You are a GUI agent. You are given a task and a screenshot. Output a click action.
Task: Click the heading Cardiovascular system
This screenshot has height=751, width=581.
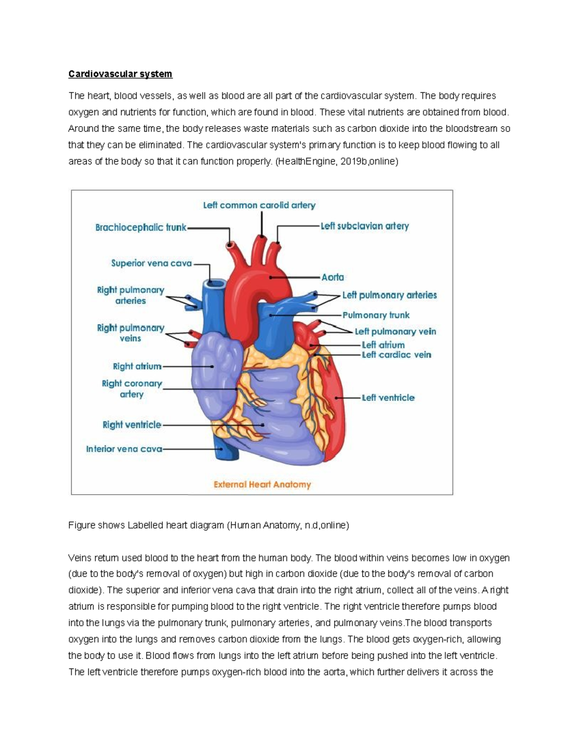coord(120,74)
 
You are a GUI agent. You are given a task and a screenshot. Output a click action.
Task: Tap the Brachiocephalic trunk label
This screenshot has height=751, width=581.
coord(140,227)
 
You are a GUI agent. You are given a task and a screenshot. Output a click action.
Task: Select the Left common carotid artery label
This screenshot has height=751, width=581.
coord(259,205)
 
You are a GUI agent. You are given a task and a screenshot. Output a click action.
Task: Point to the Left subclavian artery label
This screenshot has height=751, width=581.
coord(365,226)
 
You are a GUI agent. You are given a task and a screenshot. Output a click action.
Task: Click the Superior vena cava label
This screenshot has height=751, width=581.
coord(152,264)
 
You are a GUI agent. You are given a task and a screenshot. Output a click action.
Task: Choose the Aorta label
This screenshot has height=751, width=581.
coord(333,277)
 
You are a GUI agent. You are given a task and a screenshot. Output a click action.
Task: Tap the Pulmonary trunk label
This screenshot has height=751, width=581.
coord(376,315)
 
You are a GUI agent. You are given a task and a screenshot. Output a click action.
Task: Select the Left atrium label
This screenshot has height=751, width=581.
coord(383,345)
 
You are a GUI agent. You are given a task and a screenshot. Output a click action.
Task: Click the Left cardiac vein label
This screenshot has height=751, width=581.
coord(396,355)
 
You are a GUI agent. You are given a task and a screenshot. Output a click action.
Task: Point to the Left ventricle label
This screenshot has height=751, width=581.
coord(388,398)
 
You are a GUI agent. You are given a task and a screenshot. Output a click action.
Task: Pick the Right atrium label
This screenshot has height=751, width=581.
coord(137,367)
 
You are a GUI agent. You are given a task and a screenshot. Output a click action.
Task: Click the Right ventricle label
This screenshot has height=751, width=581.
coord(132,425)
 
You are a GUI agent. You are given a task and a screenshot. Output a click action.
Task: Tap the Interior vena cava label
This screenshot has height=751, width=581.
coord(124,449)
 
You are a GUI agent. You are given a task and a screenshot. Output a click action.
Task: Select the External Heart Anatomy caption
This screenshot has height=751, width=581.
coord(262,485)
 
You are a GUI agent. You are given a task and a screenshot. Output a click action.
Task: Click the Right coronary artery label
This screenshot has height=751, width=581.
coord(132,389)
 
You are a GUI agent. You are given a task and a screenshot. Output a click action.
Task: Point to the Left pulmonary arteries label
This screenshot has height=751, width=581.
coord(389,295)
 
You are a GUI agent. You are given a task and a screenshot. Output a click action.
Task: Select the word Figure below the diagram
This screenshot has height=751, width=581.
coord(81,525)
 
